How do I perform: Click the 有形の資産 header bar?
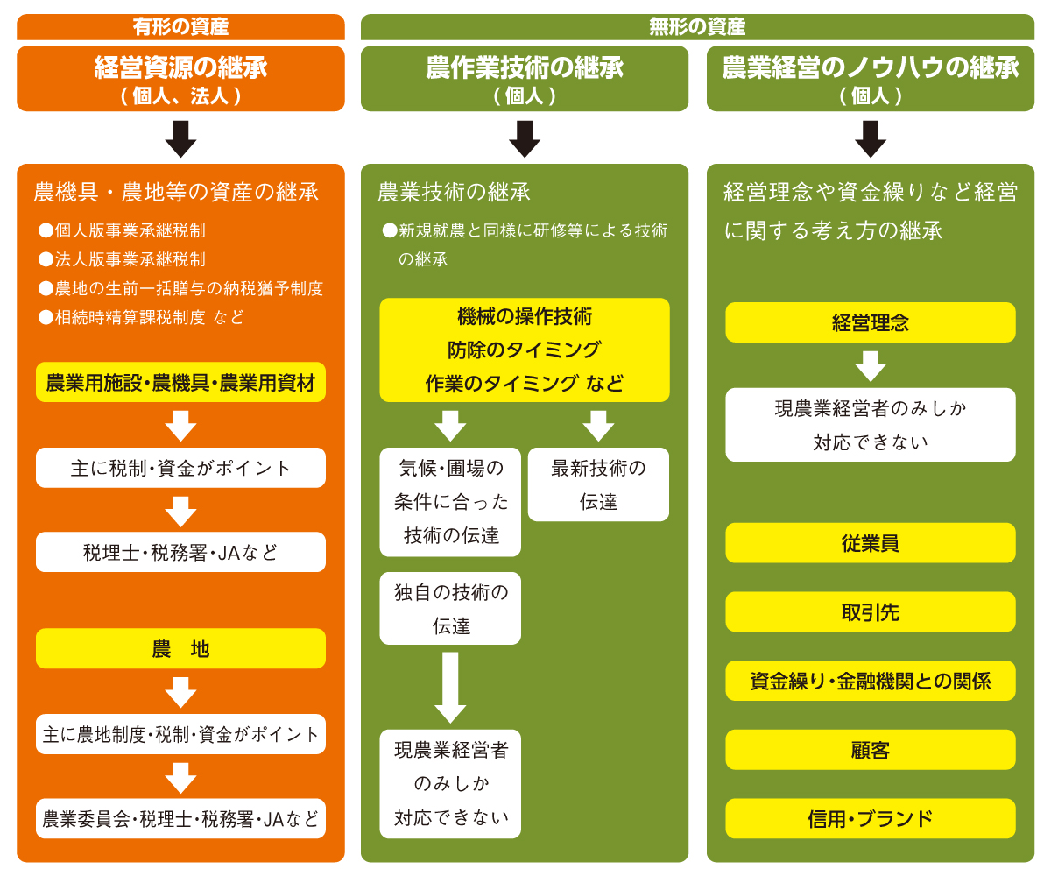click(x=180, y=27)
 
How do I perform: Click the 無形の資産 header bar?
click(x=697, y=27)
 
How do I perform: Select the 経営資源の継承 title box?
click(x=180, y=79)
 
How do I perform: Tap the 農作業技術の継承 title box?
click(x=524, y=79)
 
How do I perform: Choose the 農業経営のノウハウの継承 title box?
click(x=870, y=79)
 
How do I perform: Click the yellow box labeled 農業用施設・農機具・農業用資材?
click(x=180, y=383)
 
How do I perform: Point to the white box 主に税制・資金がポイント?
click(x=180, y=468)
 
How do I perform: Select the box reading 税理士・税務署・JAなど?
click(x=180, y=552)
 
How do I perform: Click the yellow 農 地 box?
click(x=180, y=649)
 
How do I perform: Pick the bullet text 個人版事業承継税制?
click(x=130, y=231)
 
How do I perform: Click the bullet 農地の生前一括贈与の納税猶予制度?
click(x=188, y=288)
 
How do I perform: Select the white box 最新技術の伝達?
click(x=598, y=484)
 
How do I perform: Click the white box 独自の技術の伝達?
click(x=450, y=609)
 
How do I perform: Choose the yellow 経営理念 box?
click(x=870, y=322)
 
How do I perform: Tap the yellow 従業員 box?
click(x=870, y=543)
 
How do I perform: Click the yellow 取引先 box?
click(x=870, y=611)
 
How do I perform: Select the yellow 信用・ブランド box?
click(x=870, y=818)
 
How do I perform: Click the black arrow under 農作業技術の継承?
click(x=524, y=138)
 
